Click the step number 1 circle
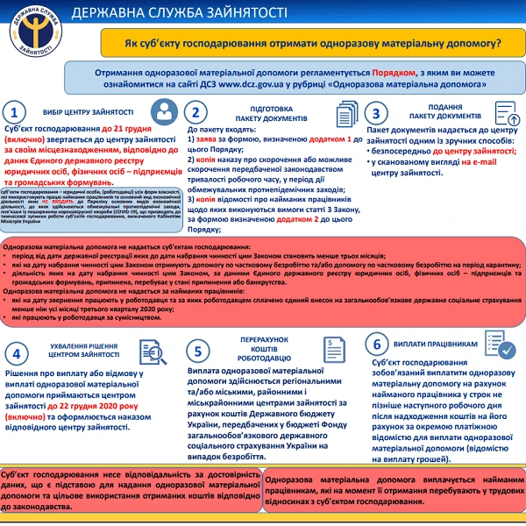15,115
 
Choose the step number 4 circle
15,353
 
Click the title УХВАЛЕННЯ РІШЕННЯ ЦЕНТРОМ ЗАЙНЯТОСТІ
88,352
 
